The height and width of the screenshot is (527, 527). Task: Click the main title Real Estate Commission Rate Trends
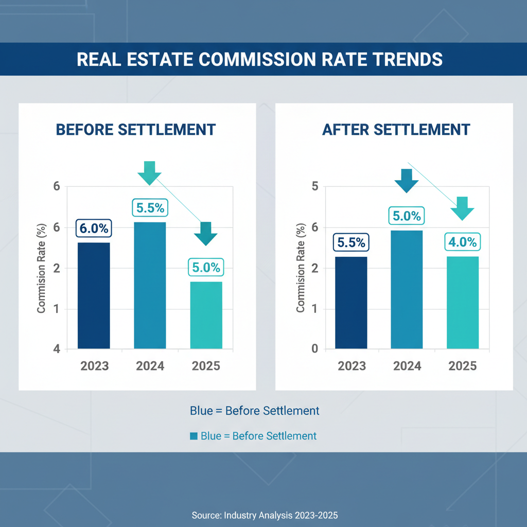coord(259,59)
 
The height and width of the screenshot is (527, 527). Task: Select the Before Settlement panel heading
coord(135,129)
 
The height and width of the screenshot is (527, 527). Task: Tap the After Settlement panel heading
coord(396,129)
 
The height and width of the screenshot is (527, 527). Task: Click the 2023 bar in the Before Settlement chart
coord(94,295)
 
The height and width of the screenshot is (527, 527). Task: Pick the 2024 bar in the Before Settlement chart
coord(150,285)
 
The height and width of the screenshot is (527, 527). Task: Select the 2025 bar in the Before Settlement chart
coord(206,315)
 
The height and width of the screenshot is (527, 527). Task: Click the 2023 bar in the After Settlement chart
coord(351,303)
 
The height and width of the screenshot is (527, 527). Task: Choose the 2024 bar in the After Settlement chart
coord(407,289)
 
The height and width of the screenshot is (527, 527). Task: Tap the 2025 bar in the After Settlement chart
coord(463,303)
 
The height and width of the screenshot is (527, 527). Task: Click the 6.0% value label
coord(93,228)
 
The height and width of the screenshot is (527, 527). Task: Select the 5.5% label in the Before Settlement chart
coord(150,208)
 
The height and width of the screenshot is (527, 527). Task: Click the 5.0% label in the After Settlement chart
coord(407,216)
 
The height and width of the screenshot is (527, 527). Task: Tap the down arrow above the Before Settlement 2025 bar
coord(206,233)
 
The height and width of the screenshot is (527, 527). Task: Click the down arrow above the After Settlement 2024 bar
coord(407,180)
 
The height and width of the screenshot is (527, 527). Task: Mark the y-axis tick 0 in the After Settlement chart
coord(315,349)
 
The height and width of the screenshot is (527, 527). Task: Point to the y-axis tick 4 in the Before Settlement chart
coord(56,349)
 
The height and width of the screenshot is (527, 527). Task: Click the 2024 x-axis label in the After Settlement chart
coord(407,366)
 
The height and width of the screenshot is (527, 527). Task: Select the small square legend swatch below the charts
coord(194,436)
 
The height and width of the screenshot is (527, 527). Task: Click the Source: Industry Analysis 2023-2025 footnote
coord(265,515)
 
